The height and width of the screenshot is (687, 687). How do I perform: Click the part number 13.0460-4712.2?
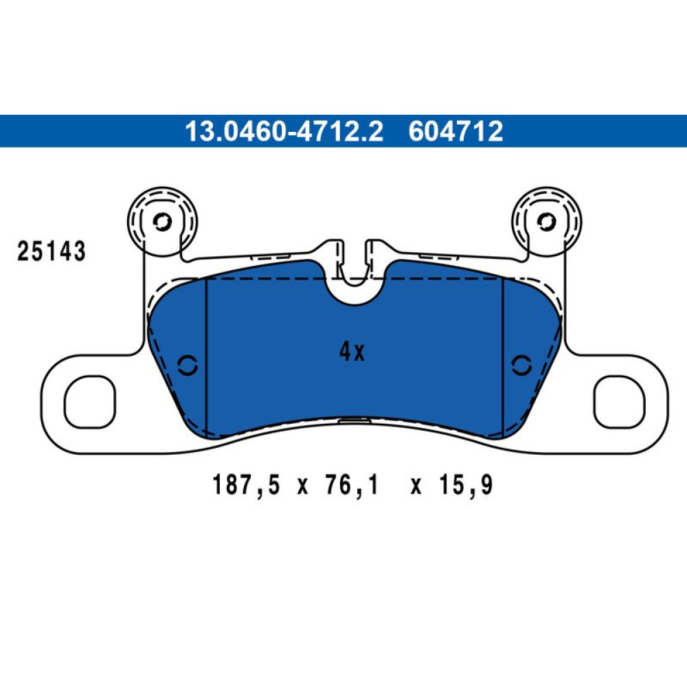(x=284, y=131)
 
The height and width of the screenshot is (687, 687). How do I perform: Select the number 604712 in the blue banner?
(x=455, y=131)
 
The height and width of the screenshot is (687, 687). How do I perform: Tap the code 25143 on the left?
(x=52, y=251)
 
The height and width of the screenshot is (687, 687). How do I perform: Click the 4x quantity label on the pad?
(x=352, y=351)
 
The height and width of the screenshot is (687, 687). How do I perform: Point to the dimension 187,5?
(x=246, y=485)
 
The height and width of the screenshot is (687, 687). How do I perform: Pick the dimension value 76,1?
(x=351, y=485)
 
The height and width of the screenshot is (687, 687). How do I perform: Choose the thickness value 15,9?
(x=466, y=485)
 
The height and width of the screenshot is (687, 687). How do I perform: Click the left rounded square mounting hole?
(x=90, y=401)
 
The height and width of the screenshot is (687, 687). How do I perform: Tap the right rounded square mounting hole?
(x=619, y=401)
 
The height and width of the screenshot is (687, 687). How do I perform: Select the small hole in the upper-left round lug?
(x=161, y=222)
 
